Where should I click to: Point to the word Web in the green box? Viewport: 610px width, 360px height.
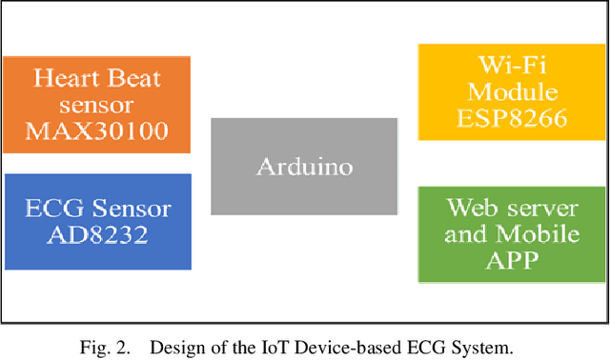click(470, 207)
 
